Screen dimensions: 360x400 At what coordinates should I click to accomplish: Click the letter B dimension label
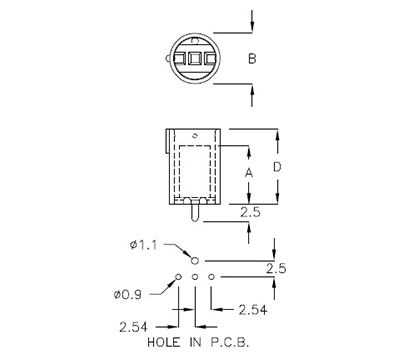click(253, 59)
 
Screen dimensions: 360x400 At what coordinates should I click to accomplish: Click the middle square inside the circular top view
click(194, 59)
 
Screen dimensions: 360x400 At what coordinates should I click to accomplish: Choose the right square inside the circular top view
click(209, 59)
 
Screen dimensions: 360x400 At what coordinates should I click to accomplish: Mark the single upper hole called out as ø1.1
click(195, 259)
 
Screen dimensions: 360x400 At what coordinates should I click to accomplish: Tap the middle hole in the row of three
click(195, 276)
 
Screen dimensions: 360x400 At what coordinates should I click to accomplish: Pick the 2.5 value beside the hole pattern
click(277, 268)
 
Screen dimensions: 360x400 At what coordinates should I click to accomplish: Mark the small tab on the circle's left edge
click(164, 59)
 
